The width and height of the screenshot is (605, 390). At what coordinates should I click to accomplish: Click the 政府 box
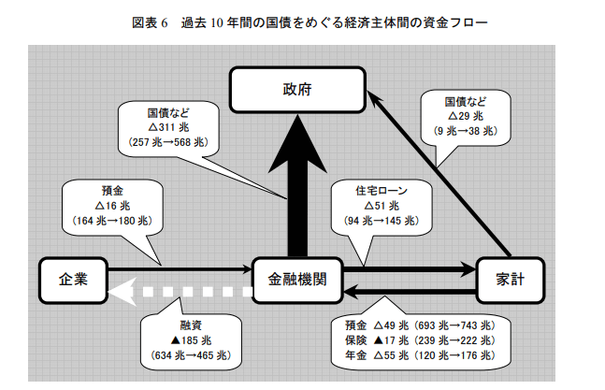pos(297,90)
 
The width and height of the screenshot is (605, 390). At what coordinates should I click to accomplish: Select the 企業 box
pos(73,280)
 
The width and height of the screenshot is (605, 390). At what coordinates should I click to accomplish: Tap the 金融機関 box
pos(297,280)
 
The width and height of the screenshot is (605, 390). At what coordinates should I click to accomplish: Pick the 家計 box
pos(511,280)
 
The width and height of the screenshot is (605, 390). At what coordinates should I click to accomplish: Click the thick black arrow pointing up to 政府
pos(297,185)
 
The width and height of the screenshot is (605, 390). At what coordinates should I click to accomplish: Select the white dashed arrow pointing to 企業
pos(180,291)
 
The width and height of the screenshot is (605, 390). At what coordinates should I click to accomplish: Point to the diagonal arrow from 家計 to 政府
pos(439,174)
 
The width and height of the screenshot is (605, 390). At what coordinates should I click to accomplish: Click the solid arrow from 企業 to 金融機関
pos(180,268)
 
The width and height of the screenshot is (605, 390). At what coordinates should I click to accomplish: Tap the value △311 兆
pos(168,127)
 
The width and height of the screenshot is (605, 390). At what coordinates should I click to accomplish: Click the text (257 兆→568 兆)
pos(168,142)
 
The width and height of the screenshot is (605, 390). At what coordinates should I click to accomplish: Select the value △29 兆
pos(466,116)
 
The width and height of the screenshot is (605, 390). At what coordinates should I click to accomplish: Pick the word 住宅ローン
pos(382,191)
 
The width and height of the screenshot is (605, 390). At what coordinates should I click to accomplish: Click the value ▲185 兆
pos(191,340)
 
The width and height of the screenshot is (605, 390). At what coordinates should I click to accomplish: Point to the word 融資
pos(191,325)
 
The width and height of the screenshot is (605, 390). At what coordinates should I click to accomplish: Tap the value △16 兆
pos(112,206)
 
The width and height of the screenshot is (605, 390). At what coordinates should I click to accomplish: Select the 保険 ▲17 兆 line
pos(420,340)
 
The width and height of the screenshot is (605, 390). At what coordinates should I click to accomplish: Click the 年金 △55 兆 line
pos(420,355)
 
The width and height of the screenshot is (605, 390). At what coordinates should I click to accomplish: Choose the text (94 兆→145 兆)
pos(382,221)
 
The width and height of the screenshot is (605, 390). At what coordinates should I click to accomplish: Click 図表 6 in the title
pos(151,22)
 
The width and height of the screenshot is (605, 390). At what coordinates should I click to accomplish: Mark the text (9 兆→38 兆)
pos(466,131)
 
